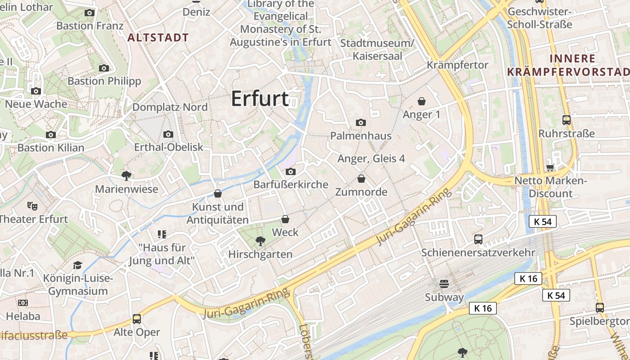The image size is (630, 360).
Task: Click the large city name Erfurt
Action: tap(260, 99)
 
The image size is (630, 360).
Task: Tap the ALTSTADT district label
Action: tap(158, 38)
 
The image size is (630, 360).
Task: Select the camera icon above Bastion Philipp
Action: tap(104, 68)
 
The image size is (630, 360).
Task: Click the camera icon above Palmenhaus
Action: tap(360, 122)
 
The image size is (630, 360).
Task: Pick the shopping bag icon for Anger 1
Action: tap(422, 101)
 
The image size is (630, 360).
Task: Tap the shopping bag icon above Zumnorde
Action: tap(361, 179)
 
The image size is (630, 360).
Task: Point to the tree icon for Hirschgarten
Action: tap(260, 242)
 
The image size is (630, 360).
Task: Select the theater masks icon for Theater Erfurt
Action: tap(31, 206)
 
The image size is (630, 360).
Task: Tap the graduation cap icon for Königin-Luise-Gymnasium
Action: tap(78, 265)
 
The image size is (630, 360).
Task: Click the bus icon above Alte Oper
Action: tap(136, 319)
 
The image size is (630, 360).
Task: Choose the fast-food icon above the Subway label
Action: tap(444, 283)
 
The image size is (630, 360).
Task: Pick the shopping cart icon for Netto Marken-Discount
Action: tap(549, 168)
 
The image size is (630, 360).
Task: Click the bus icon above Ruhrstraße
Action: tap(566, 120)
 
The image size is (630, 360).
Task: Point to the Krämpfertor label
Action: tap(457, 65)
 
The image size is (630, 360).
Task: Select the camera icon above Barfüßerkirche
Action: tap(291, 171)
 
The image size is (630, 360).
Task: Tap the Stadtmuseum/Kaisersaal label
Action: tap(377, 49)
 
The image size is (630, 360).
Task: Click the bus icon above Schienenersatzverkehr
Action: tap(478, 239)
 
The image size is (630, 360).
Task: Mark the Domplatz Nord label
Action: tap(170, 107)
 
